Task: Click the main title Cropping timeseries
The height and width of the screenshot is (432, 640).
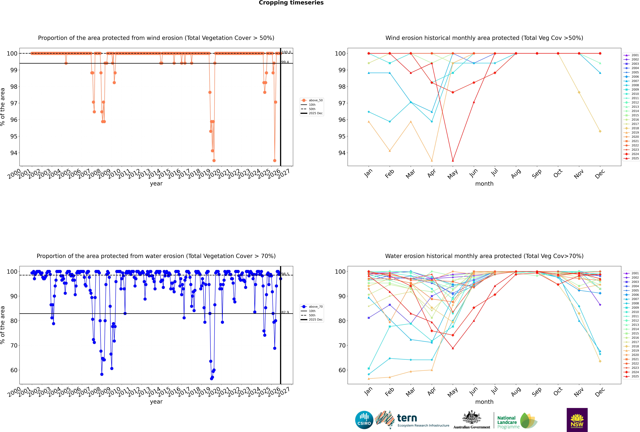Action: (291, 3)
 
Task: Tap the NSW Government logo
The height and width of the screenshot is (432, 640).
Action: (577, 420)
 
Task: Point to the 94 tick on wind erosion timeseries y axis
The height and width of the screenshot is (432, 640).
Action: (14, 153)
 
